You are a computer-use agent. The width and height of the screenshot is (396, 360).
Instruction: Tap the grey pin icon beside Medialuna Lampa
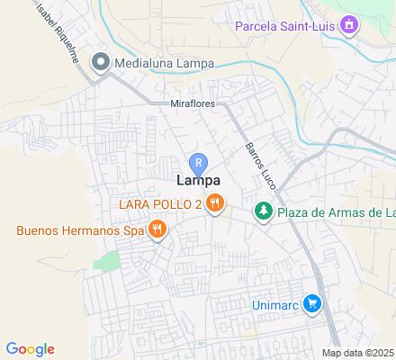pos(101,62)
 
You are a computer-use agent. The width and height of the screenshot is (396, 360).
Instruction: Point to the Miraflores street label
pos(192,104)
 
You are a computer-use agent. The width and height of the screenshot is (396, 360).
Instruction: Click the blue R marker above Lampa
pos(200,163)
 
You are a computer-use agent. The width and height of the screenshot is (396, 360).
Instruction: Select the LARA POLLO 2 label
pos(160,203)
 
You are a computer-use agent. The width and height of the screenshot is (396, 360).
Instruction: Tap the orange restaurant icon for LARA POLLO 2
pos(214,203)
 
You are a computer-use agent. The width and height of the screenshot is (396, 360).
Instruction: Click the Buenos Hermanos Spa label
pos(81,229)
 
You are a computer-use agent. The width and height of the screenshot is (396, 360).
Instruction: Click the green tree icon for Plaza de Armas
pos(263,212)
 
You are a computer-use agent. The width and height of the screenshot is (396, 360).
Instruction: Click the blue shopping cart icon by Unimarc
pos(312,304)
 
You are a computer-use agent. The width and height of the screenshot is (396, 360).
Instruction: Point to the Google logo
pos(30,349)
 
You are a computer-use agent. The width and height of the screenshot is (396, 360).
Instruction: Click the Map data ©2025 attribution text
pos(358,352)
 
